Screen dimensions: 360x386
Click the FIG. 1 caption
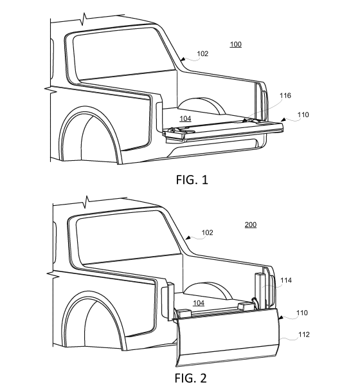[192, 179]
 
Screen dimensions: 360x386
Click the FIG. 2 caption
[191, 378]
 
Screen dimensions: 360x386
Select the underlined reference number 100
[236, 44]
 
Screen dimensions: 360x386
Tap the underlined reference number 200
[251, 225]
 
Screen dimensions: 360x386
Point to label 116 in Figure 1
[285, 95]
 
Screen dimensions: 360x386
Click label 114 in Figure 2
[286, 280]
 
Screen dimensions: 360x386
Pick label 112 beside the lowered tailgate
[304, 335]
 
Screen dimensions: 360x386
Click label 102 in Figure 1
[203, 53]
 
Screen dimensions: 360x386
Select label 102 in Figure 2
[207, 233]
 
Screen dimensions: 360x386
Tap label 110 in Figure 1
[303, 115]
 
